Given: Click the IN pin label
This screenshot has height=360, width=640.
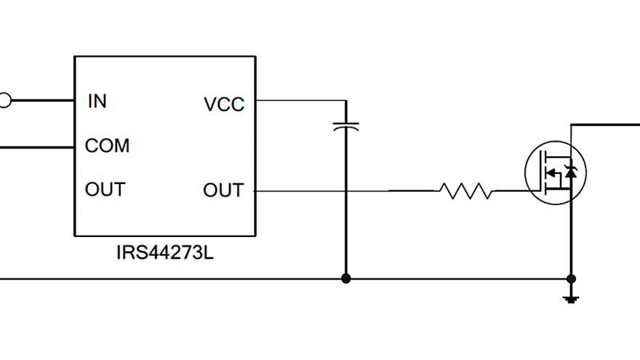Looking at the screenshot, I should [97, 102].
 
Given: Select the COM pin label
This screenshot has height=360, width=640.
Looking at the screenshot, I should [107, 146].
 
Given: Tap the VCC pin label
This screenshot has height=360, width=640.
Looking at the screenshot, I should [224, 105].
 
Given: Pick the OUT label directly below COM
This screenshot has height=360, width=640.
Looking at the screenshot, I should [105, 190].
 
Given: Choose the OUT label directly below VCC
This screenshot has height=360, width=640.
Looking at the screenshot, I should [223, 191].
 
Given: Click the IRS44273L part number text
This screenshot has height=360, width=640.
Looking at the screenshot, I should [165, 254].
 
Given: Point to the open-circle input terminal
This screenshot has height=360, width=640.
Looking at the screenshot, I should [4, 100].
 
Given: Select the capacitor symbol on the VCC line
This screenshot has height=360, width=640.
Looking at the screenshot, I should [346, 125].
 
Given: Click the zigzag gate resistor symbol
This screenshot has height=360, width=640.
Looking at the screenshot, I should [465, 191].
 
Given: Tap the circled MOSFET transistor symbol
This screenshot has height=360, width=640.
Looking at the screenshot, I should [555, 173].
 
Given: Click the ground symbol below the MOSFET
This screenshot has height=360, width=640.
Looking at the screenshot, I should [571, 297].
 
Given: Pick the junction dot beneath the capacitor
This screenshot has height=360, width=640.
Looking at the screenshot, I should [346, 279].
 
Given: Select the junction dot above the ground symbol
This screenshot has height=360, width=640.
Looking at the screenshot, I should [571, 279].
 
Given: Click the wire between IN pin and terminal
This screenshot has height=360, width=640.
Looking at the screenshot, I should [44, 100].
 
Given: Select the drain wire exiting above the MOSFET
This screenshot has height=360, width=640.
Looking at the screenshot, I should [604, 124].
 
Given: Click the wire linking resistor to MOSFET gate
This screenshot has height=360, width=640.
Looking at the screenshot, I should [513, 191].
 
